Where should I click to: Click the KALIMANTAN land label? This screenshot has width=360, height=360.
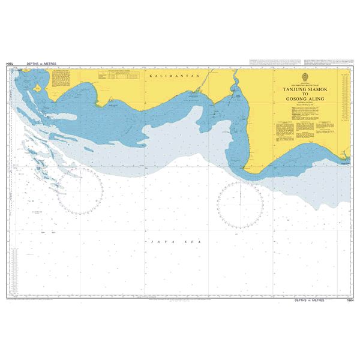click(164, 78)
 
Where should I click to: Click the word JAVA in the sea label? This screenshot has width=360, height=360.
click(154, 240)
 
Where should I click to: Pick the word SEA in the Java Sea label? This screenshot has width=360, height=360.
click(178, 240)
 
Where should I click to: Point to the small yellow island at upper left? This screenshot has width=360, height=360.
click(38, 88)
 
